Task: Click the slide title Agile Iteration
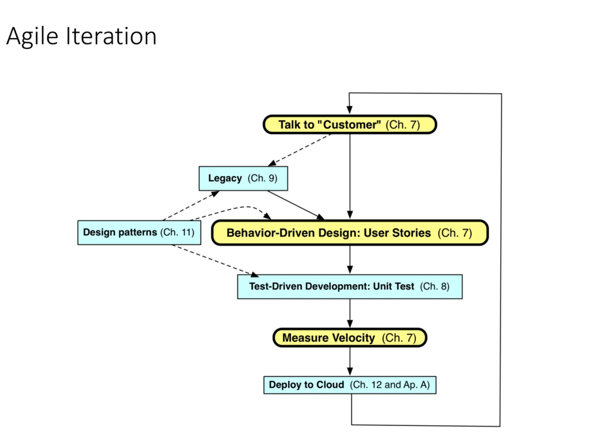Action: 81,37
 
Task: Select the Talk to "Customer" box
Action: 350,124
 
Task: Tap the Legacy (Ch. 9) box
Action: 243,178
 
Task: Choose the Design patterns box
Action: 139,233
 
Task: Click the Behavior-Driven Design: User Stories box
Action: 350,233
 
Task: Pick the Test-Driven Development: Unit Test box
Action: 350,287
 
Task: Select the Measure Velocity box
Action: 350,337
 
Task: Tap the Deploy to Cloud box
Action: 350,385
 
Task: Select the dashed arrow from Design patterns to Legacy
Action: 191,206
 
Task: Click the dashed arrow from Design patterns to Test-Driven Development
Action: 215,261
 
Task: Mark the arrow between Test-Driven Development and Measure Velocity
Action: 350,313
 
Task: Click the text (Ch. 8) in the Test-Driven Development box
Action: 435,286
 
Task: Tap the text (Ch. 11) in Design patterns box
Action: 177,232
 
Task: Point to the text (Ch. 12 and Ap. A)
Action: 390,385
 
